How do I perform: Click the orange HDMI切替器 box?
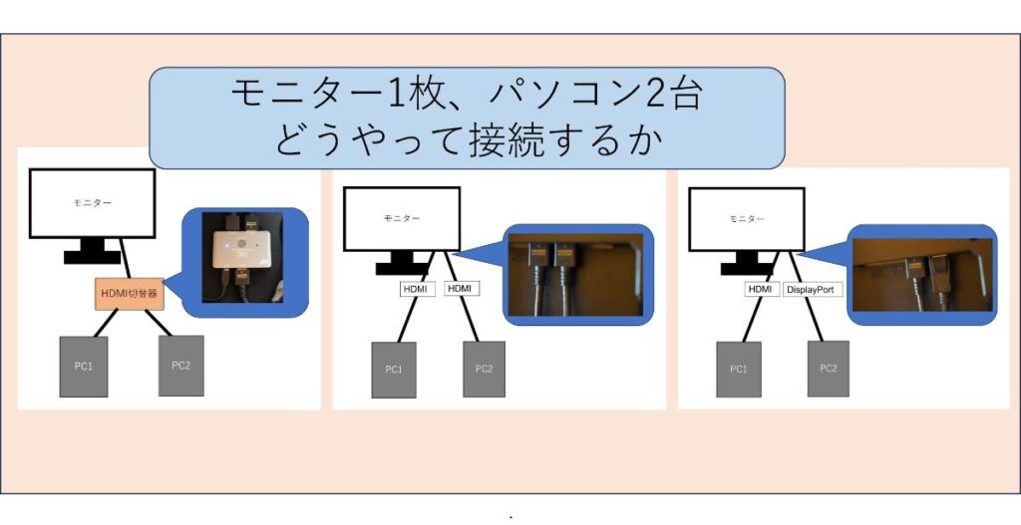click(129, 294)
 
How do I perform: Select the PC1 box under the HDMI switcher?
click(84, 367)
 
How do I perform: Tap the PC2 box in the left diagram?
click(181, 366)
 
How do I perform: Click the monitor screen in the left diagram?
click(92, 203)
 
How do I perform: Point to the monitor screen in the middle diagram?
click(402, 218)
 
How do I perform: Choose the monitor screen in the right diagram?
click(747, 219)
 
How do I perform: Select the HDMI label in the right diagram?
click(761, 289)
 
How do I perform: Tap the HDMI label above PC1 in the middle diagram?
click(417, 289)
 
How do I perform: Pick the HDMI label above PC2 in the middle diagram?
click(462, 288)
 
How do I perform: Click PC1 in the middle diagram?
click(394, 370)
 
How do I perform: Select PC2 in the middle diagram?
click(484, 369)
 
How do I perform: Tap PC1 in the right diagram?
click(739, 369)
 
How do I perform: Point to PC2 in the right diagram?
click(829, 369)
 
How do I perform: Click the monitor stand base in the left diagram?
click(92, 257)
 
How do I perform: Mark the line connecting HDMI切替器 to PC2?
click(159, 323)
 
